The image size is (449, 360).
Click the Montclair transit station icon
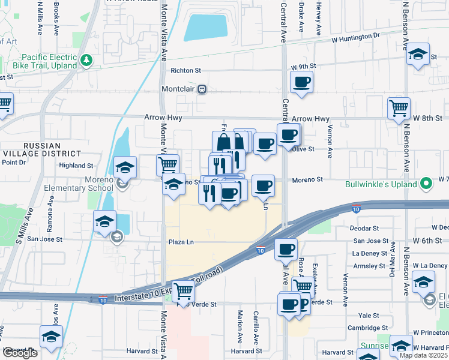[202, 89]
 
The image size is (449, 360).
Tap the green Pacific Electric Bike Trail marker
[87, 60]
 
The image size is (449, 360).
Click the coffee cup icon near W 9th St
[302, 82]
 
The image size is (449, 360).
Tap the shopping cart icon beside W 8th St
[399, 109]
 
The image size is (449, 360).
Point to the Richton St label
[185, 70]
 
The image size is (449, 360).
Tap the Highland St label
[76, 165]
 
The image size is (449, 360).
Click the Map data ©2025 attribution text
[423, 355]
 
